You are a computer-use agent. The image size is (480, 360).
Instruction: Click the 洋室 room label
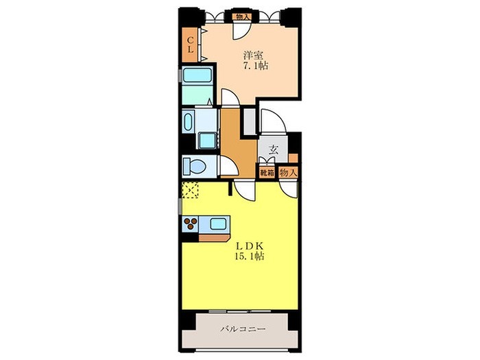pos(254,56)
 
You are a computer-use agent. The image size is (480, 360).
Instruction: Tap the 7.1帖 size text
pos(256,66)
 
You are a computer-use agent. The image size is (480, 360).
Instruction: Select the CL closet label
pos(191,45)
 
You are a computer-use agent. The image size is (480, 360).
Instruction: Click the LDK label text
pos(250,245)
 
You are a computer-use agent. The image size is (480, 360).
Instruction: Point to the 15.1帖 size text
pos(250,256)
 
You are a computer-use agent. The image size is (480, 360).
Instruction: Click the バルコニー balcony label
pos(243,329)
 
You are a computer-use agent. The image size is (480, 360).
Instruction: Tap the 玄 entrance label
pos(274,150)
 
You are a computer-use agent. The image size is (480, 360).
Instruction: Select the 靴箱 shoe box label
pos(267,173)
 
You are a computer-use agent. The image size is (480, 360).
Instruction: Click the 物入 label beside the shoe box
pos(288,173)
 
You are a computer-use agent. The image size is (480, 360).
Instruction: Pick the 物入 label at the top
pos(243,17)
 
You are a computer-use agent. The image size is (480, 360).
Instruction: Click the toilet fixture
pos(194,167)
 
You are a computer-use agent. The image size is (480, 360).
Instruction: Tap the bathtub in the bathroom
pos(197,75)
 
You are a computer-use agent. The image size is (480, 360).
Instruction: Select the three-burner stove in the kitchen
pos(191,224)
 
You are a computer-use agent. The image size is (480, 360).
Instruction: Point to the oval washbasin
pos(188,122)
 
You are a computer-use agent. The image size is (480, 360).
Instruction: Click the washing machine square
pos(208,141)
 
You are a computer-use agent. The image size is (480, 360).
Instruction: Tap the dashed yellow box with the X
pos(190,190)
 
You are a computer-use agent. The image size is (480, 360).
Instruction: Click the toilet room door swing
pos(229,166)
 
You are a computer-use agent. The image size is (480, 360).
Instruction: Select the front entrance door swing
pos(274,121)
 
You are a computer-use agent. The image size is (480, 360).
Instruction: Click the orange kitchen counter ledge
pos(214,238)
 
